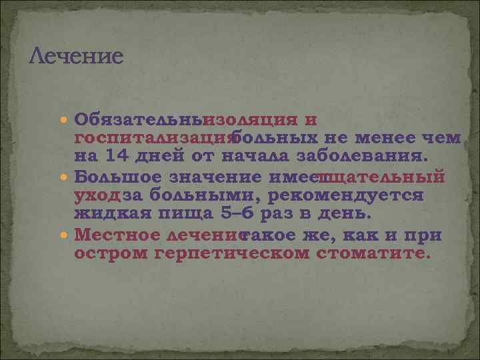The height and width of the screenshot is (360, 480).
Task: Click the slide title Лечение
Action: [77, 55]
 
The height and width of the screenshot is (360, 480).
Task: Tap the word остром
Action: [110, 254]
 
